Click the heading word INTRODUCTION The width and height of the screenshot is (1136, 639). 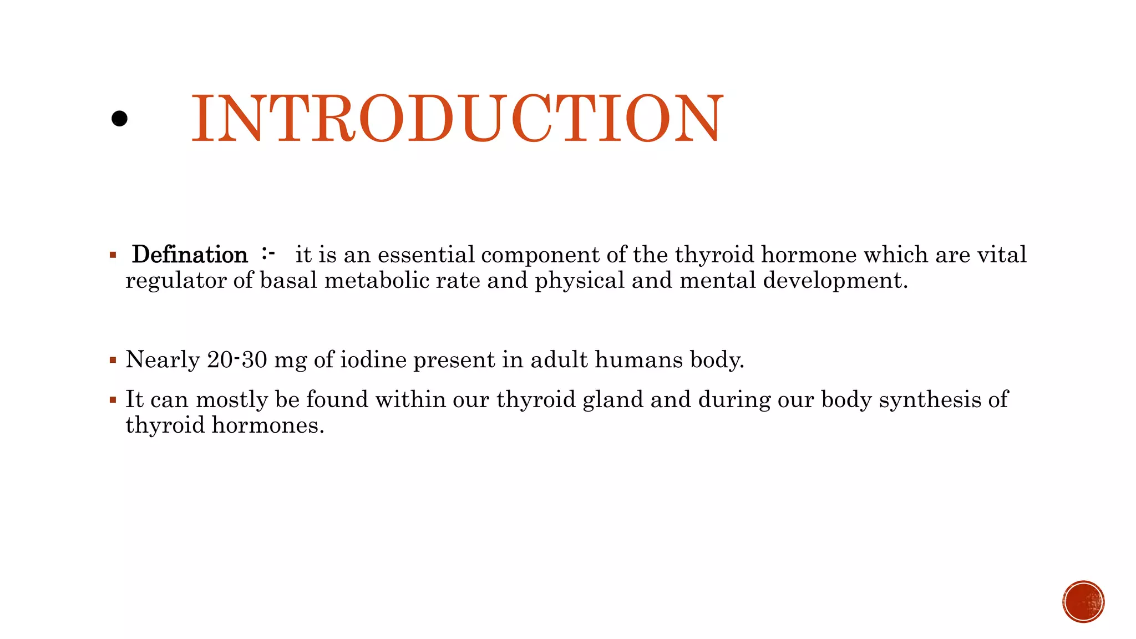coord(457,118)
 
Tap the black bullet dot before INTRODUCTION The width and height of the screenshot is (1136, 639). coord(119,118)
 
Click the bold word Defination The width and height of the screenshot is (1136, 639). coord(190,255)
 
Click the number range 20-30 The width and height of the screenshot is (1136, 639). coord(237,360)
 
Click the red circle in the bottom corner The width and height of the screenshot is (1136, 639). coord(1083,601)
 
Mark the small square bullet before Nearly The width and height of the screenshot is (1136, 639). coord(113,360)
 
